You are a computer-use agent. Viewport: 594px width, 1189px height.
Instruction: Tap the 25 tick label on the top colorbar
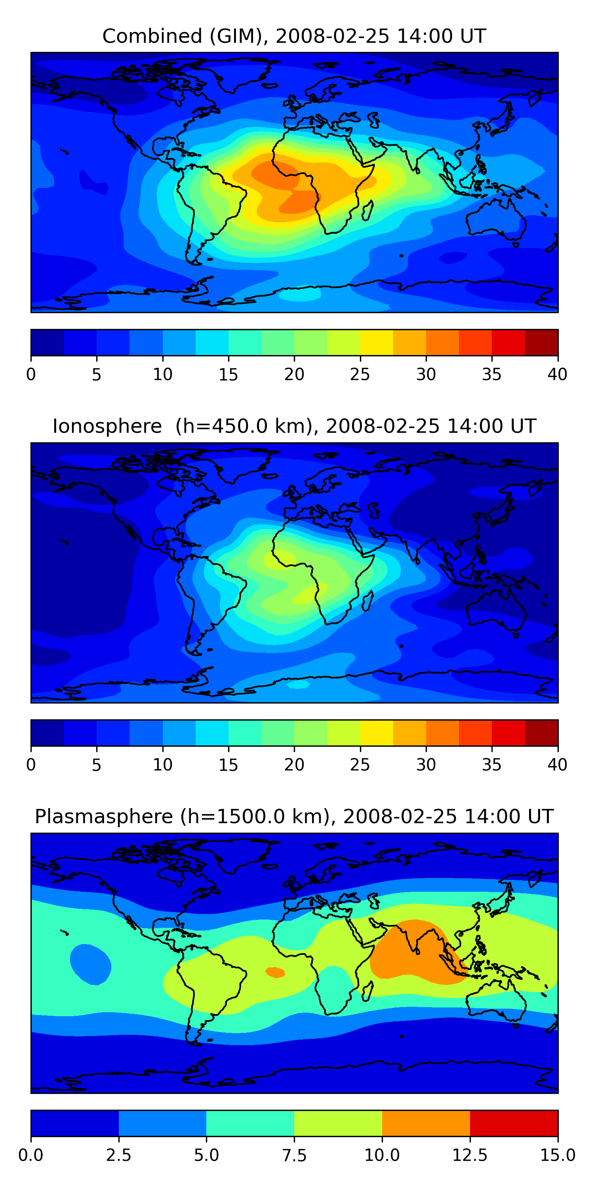pos(360,374)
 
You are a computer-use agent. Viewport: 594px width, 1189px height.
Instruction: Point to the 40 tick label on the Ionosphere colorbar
pos(557,765)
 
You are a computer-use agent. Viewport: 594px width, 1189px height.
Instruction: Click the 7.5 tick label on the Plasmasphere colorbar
pos(294,1155)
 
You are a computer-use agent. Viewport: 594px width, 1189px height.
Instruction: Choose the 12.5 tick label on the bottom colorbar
pos(470,1155)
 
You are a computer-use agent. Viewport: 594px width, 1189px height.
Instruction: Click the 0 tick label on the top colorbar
pos(31,374)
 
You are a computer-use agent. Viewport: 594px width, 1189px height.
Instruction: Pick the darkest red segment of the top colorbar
pos(541,342)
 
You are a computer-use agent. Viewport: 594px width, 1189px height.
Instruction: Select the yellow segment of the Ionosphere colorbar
pos(376,732)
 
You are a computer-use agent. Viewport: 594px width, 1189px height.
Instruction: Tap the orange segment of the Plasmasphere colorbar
pos(426,1123)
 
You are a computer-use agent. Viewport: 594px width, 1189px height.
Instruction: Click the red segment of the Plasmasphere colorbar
pos(514,1123)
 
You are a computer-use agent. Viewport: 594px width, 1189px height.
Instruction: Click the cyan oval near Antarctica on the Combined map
pos(300,294)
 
